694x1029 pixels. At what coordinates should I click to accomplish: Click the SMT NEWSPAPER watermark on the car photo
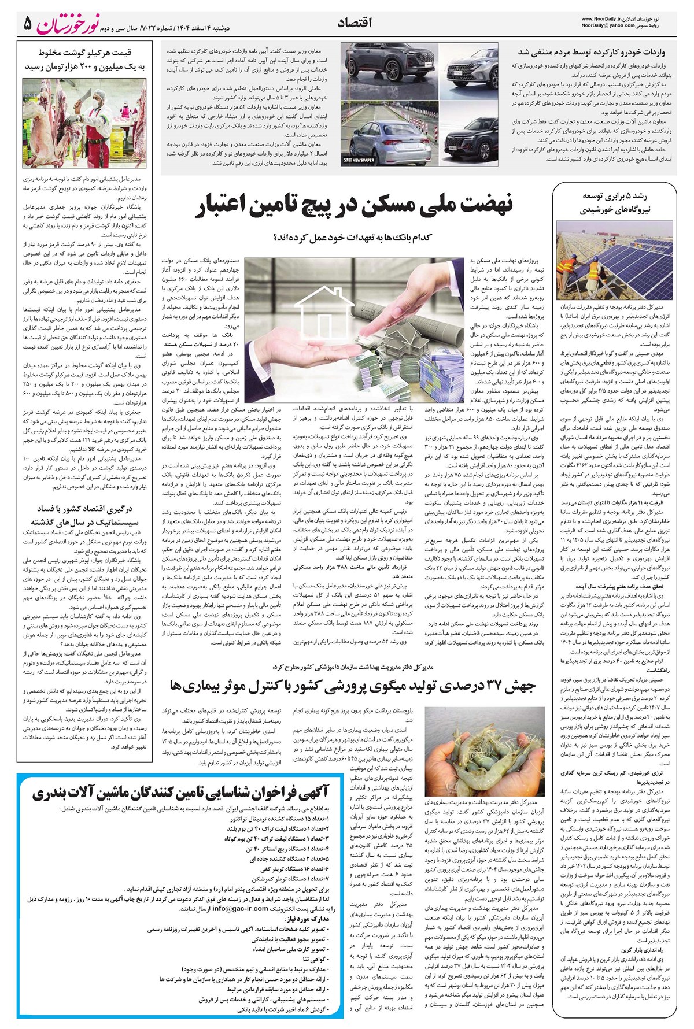click(x=359, y=160)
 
